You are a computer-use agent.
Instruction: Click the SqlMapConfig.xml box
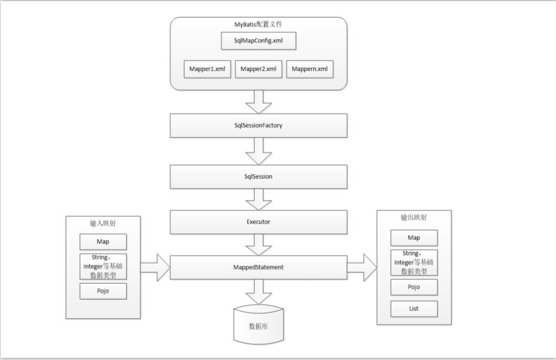(x=258, y=41)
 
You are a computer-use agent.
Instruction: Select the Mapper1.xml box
(x=207, y=69)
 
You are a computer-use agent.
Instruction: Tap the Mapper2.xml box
(x=258, y=69)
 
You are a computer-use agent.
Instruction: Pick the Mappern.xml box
(x=310, y=69)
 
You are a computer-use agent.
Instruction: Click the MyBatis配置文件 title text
(x=258, y=24)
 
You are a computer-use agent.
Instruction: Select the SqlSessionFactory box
(x=258, y=126)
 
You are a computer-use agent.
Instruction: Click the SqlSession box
(x=258, y=176)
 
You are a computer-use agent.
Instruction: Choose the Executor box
(x=258, y=222)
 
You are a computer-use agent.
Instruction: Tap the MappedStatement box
(x=258, y=267)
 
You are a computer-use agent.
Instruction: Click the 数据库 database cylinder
(x=258, y=325)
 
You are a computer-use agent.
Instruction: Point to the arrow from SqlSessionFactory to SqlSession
(x=258, y=152)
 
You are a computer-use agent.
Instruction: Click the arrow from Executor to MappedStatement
(x=258, y=245)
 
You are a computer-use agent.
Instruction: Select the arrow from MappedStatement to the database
(x=258, y=292)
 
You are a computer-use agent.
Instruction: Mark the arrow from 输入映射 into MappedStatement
(x=155, y=267)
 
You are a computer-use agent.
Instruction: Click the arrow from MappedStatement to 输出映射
(x=361, y=267)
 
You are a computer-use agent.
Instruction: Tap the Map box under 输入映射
(x=103, y=242)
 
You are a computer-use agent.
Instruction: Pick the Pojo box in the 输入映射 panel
(x=103, y=291)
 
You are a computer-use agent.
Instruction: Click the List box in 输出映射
(x=414, y=309)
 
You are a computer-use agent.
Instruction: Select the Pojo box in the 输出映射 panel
(x=414, y=287)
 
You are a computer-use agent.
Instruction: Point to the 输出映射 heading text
(x=414, y=217)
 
